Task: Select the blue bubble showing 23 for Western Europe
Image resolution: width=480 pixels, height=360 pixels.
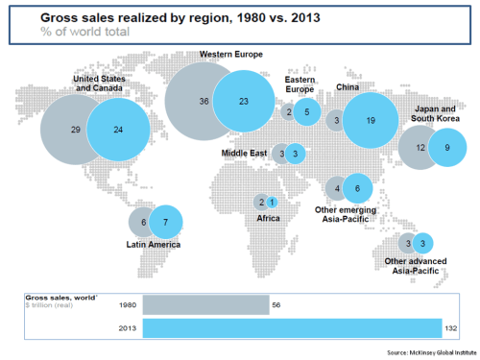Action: coord(245,101)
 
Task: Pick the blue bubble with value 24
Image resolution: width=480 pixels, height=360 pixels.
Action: coord(116,130)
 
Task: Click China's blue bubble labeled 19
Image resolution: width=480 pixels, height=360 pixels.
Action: coord(370,121)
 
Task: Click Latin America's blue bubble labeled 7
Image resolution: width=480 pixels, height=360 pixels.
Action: coord(165,222)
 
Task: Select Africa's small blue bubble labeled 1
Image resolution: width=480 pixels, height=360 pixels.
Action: coord(273,202)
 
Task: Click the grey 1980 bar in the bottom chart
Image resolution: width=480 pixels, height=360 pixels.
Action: coord(205,304)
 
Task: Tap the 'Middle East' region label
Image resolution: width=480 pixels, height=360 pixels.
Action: coord(245,153)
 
